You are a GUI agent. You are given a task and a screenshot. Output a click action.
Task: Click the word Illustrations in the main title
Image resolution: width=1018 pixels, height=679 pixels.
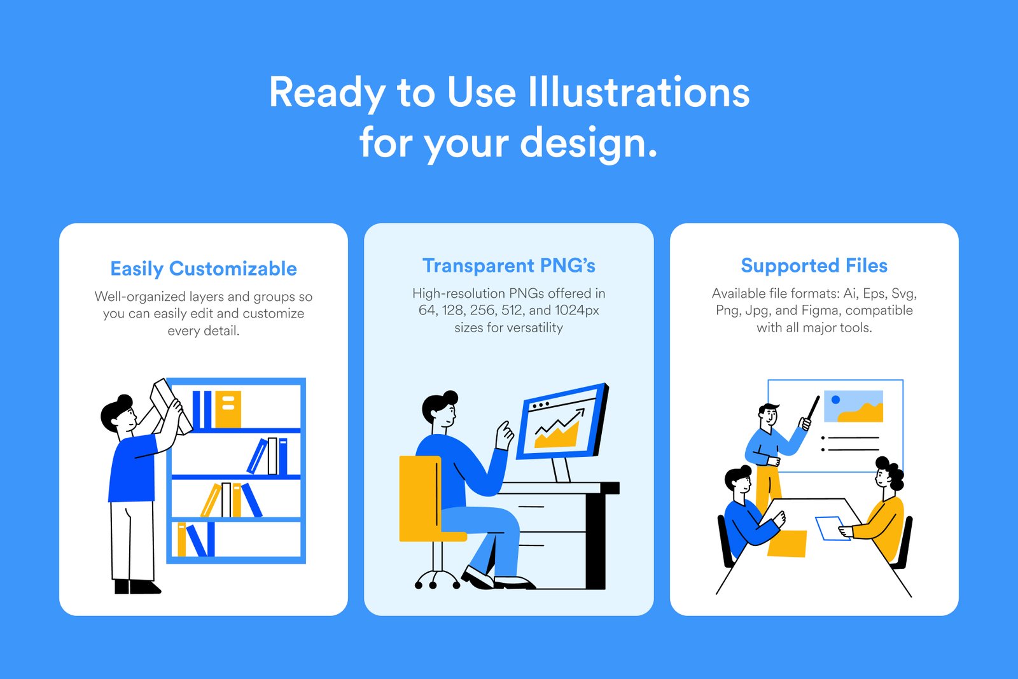pyautogui.click(x=639, y=92)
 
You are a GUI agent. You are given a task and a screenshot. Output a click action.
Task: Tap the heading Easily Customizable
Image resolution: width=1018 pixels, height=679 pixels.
pyautogui.click(x=204, y=269)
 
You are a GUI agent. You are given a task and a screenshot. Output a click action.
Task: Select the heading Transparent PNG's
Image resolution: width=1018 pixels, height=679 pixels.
pyautogui.click(x=508, y=265)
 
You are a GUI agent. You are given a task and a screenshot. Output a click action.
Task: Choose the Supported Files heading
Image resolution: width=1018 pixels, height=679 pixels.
pyautogui.click(x=814, y=265)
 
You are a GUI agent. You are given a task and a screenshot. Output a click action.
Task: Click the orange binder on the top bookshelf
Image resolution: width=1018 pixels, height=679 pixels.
pyautogui.click(x=228, y=409)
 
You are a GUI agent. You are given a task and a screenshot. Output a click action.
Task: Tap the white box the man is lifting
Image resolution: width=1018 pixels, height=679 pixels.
pyautogui.click(x=171, y=407)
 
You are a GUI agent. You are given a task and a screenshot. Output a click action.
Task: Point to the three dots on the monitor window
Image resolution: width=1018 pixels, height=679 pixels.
pyautogui.click(x=541, y=404)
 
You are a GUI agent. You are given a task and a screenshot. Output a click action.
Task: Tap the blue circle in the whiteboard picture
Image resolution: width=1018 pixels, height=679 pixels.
pyautogui.click(x=835, y=400)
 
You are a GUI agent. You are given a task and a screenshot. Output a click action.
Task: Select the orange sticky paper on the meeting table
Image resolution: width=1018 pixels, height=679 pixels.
pyautogui.click(x=787, y=543)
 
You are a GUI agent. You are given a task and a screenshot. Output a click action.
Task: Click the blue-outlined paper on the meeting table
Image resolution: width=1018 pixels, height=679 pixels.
pyautogui.click(x=833, y=528)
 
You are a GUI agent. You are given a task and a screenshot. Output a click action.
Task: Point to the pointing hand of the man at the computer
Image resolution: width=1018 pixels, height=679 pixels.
pyautogui.click(x=504, y=435)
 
